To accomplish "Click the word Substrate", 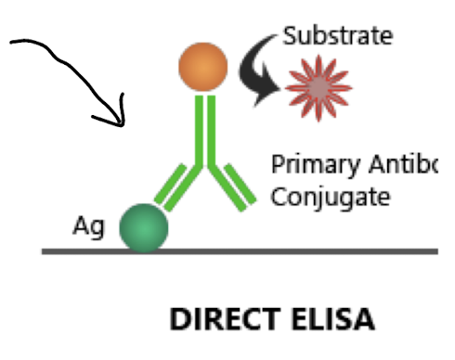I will point(337,37).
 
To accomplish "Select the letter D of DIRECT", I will point(178,321).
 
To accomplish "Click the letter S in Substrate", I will point(289,37).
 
